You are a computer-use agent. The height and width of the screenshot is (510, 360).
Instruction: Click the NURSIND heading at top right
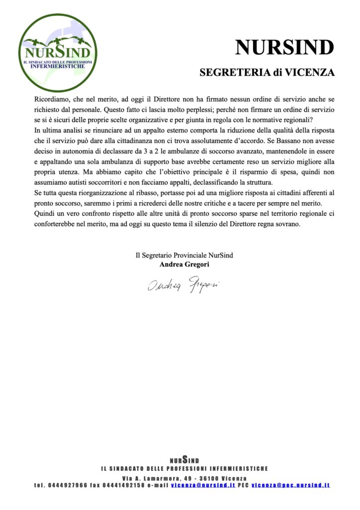[x=284, y=48]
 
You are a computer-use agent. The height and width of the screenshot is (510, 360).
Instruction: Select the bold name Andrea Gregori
[x=184, y=264]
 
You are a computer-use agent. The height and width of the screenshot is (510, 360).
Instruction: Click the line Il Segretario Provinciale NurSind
[x=184, y=255]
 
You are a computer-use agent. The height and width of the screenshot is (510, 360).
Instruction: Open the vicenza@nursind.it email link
[x=203, y=485]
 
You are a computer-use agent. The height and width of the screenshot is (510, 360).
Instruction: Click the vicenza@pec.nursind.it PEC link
[x=290, y=485]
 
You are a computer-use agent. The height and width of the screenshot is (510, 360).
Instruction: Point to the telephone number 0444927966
[x=67, y=485]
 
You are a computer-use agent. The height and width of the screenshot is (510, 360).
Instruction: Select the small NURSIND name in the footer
[x=184, y=460]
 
